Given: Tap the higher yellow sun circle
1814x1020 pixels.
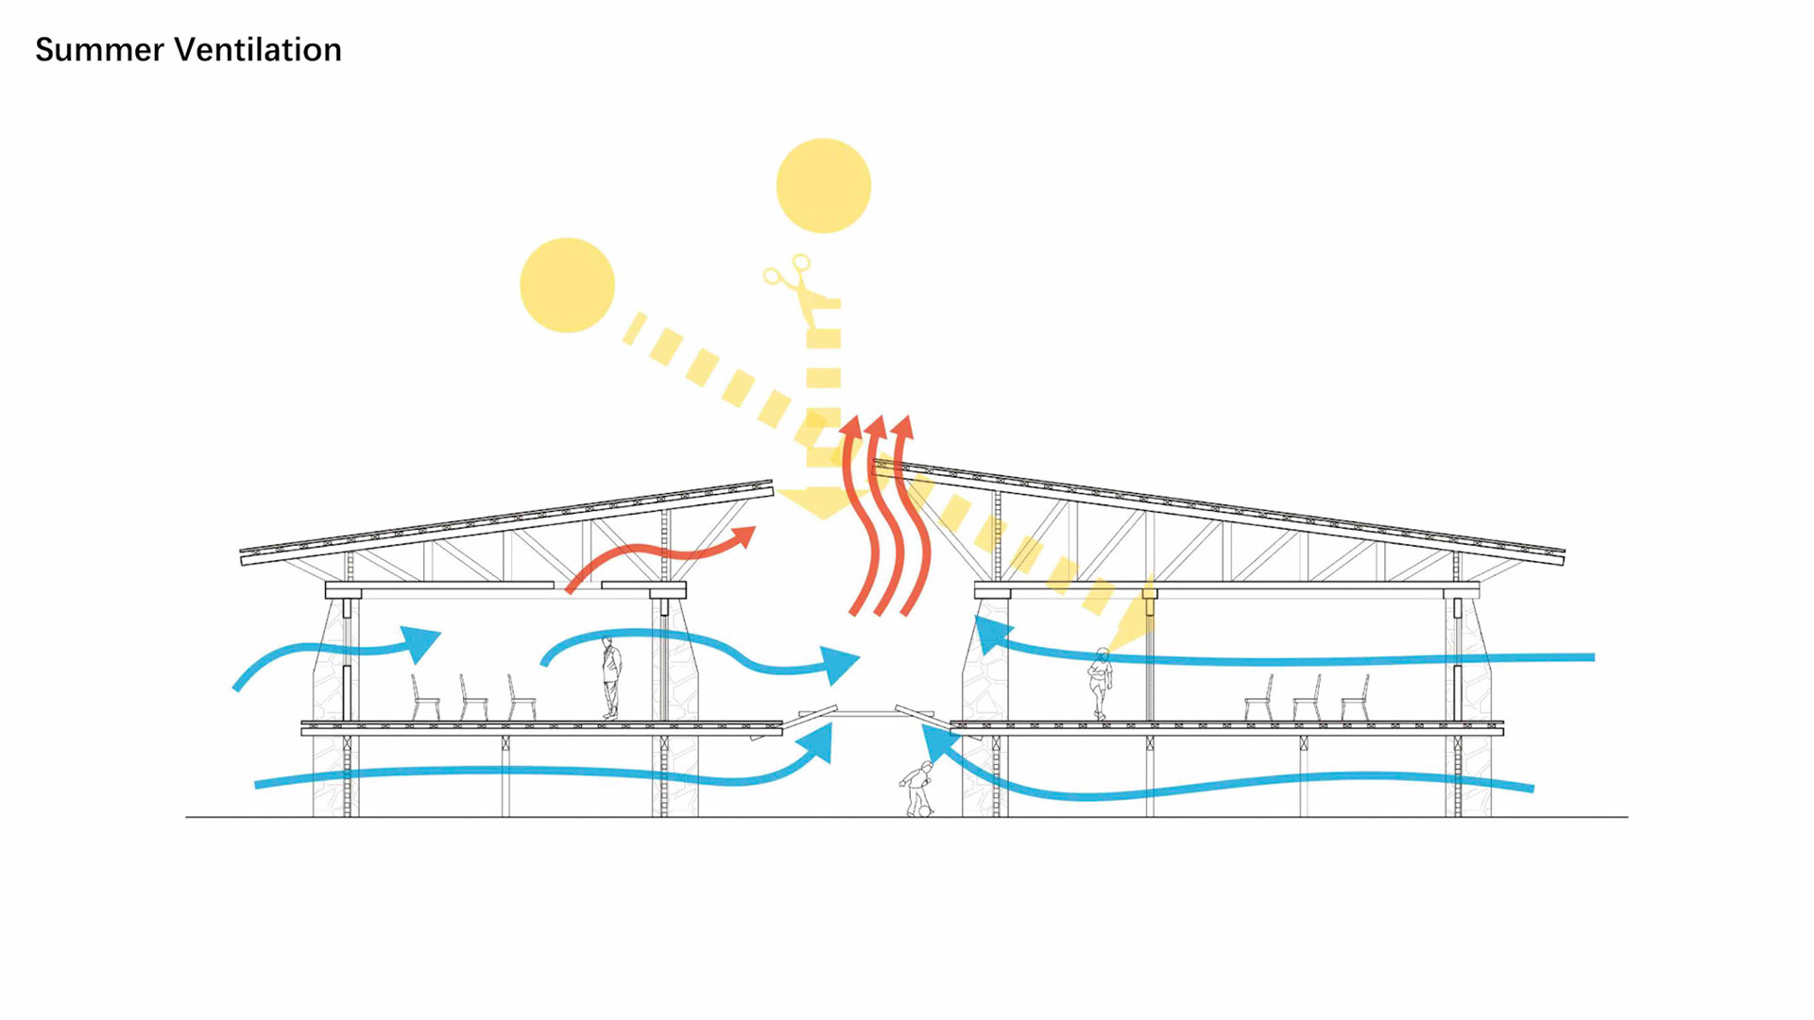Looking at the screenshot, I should tap(823, 186).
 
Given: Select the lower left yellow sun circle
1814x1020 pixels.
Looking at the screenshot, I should tap(567, 285).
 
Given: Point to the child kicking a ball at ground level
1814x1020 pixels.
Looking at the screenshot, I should tap(917, 789).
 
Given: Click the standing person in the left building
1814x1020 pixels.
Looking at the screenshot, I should tap(611, 677).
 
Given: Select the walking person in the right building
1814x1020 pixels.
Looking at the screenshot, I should tap(1100, 682).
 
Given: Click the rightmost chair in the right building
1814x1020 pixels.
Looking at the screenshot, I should tap(1355, 699).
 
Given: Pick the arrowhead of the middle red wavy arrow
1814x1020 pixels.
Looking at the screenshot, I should tap(876, 427).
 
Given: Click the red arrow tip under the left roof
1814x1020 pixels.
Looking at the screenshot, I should tap(744, 536).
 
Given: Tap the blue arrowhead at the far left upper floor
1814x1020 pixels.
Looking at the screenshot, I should tap(421, 641).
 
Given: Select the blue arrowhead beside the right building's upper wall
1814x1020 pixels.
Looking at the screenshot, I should tap(988, 634).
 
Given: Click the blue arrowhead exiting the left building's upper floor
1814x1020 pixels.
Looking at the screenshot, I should tap(838, 664).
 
